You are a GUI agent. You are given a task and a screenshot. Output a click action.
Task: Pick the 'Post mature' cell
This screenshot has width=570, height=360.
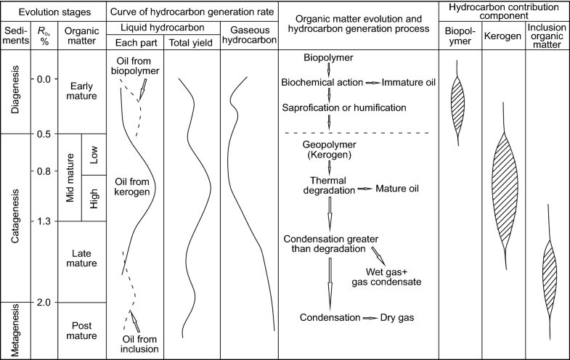pos(81,330)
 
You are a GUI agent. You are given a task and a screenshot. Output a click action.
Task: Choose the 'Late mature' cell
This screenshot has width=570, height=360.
pos(81,258)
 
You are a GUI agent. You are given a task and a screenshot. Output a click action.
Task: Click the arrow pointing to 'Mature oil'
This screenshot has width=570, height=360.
pos(364,189)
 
